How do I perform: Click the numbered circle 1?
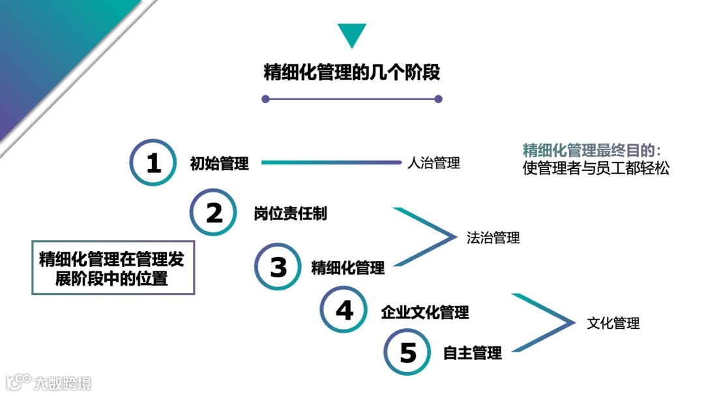pyautogui.click(x=153, y=163)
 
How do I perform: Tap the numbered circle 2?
pyautogui.click(x=214, y=213)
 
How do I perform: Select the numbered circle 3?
pyautogui.click(x=278, y=267)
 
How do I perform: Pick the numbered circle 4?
pyautogui.click(x=344, y=310)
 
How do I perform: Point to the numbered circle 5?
pyautogui.click(x=408, y=352)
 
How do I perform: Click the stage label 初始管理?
pyautogui.click(x=220, y=164)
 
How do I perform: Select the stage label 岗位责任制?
pyautogui.click(x=290, y=213)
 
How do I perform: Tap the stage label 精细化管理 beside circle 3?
pyautogui.click(x=348, y=267)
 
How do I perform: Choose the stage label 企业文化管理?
pyautogui.click(x=425, y=312)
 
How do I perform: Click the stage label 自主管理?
pyautogui.click(x=473, y=354)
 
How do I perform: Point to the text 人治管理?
pyautogui.click(x=433, y=163)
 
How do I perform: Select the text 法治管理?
pyautogui.click(x=493, y=238)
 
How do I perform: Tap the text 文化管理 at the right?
pyautogui.click(x=613, y=323)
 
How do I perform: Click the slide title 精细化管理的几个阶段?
pyautogui.click(x=352, y=72)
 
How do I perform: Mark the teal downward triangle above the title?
pyautogui.click(x=352, y=35)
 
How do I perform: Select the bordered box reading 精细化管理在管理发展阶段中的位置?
pyautogui.click(x=113, y=268)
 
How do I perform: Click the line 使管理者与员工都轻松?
pyautogui.click(x=596, y=168)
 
